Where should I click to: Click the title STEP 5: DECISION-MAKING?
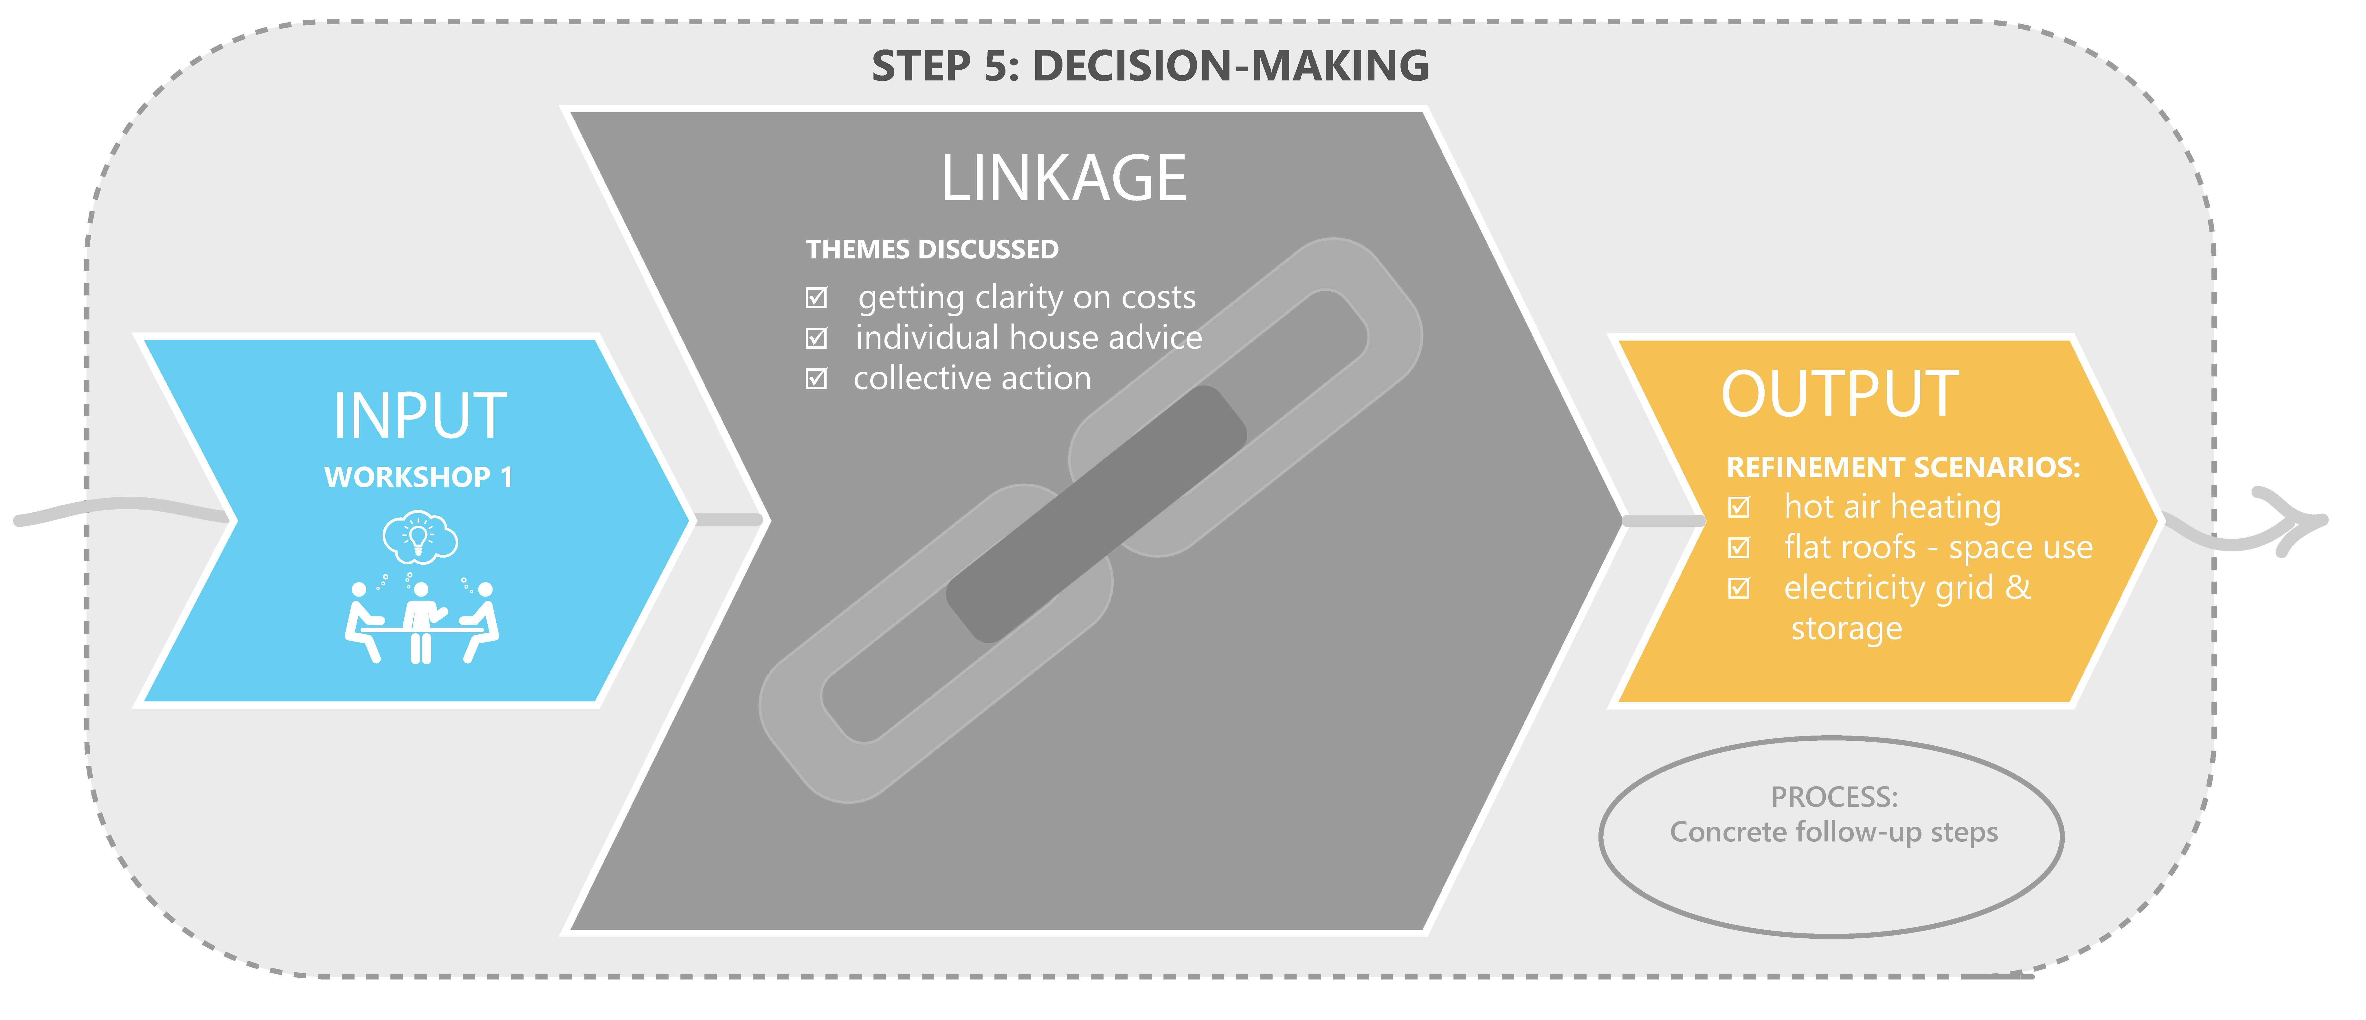[x=1150, y=66]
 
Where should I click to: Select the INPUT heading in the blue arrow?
[x=420, y=416]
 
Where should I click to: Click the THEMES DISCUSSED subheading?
[x=932, y=250]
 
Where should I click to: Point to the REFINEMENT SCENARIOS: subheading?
[x=1902, y=467]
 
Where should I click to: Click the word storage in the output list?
[x=1846, y=629]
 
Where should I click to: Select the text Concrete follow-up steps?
[x=1833, y=832]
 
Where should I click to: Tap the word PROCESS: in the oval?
[x=1833, y=797]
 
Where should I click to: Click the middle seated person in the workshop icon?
[x=421, y=620]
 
